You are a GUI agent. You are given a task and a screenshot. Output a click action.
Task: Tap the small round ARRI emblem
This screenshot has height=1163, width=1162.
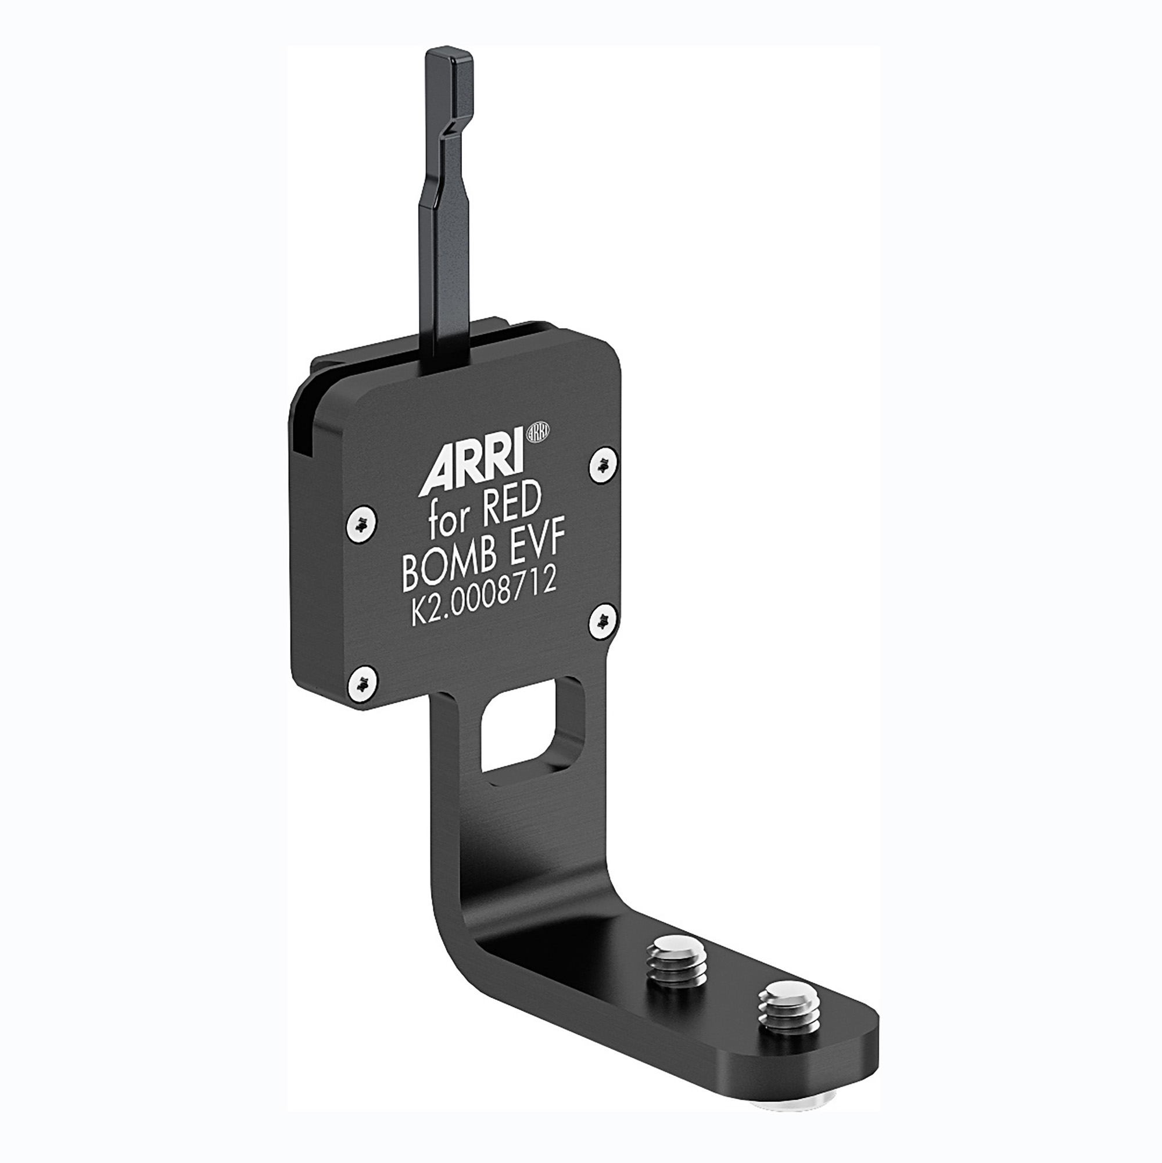(x=538, y=431)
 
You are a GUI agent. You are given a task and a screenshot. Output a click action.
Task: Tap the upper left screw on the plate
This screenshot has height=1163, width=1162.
(x=362, y=525)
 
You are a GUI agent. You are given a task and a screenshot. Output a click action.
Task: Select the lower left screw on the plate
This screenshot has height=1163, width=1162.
(x=362, y=683)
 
